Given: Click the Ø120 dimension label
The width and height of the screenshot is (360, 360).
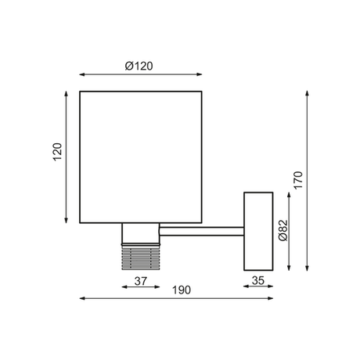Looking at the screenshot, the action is (x=139, y=66).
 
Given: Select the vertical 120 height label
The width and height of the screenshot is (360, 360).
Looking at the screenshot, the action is (x=57, y=152).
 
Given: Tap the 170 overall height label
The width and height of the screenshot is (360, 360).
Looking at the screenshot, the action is (x=298, y=180).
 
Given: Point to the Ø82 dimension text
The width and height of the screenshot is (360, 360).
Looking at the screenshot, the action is (x=283, y=231).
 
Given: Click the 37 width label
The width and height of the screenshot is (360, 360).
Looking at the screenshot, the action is (x=141, y=281).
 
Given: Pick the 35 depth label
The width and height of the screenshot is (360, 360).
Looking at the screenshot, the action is (x=258, y=280).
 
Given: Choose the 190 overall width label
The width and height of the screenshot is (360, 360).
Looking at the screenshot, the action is (x=182, y=290).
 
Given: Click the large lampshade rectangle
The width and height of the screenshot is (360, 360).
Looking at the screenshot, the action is (x=141, y=157).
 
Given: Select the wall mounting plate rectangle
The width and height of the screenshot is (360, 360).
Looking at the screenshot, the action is (x=258, y=232).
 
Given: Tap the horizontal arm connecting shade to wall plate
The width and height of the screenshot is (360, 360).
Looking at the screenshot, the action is (x=201, y=232).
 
